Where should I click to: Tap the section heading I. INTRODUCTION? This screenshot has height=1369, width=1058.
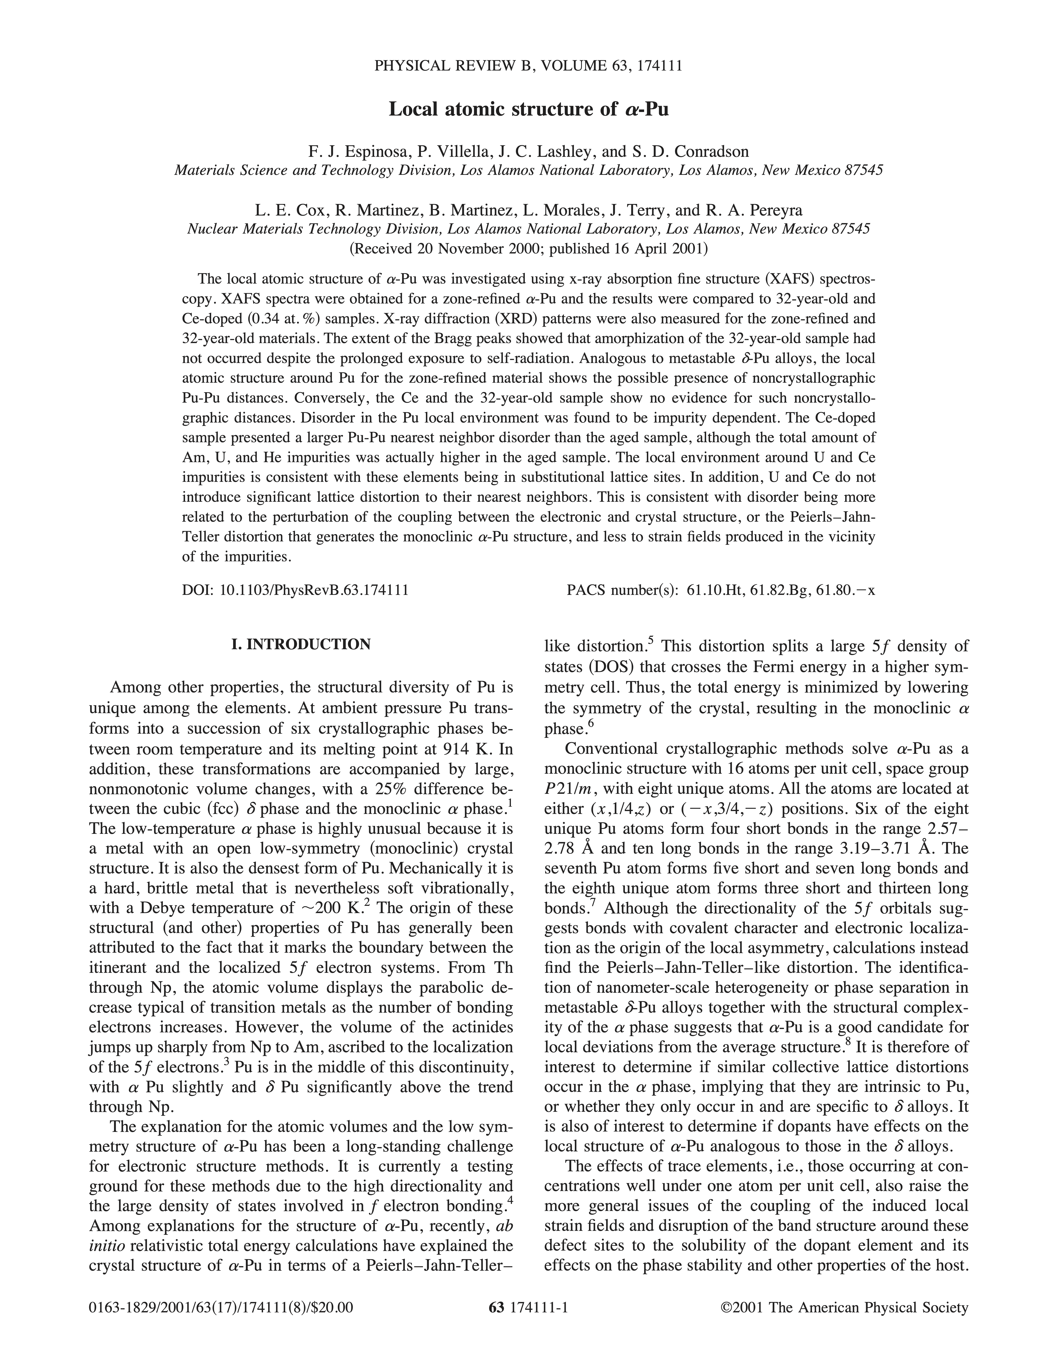coord(301,644)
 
